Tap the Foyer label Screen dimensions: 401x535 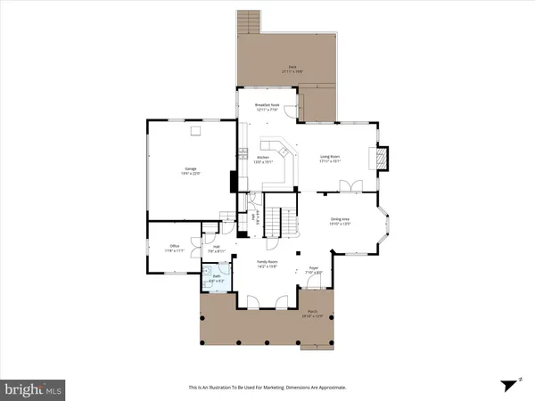[314, 269]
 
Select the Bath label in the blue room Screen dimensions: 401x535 [215, 279]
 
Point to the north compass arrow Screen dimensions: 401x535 [510, 383]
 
